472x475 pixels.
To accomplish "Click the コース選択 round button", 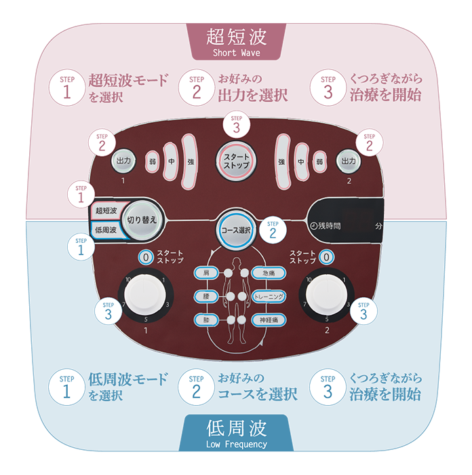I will (235, 230).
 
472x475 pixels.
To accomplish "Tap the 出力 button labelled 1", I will (123, 161).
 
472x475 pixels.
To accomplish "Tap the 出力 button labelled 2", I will (349, 161).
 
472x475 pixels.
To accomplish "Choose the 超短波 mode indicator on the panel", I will (106, 211).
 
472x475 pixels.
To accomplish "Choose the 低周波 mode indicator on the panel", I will (106, 229).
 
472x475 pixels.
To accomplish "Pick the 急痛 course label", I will (267, 273).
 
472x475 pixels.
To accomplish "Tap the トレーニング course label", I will (267, 297).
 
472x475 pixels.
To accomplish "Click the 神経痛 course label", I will (267, 320).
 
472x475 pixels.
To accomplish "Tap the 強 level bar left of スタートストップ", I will (191, 161).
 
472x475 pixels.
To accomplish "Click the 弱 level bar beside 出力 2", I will (319, 161).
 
